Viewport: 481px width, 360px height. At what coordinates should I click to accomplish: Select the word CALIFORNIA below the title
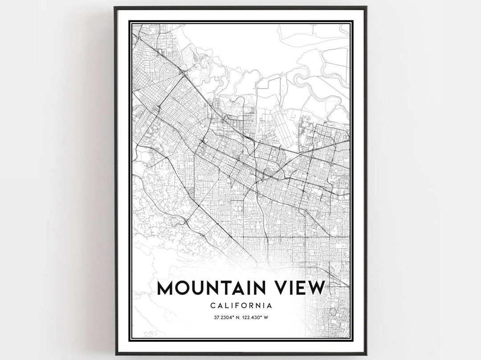[241, 306]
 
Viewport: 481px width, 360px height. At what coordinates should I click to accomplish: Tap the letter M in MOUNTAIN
[167, 288]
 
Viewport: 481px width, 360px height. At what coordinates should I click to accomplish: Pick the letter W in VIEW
[315, 288]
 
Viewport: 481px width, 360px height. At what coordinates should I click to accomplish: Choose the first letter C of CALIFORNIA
[212, 306]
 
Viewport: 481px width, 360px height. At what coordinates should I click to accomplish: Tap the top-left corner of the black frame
[115, 7]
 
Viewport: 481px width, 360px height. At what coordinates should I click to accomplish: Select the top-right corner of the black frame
[366, 7]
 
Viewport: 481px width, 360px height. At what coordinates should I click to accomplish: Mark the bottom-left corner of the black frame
[115, 354]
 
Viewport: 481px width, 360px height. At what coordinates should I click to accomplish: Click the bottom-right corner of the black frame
[366, 354]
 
